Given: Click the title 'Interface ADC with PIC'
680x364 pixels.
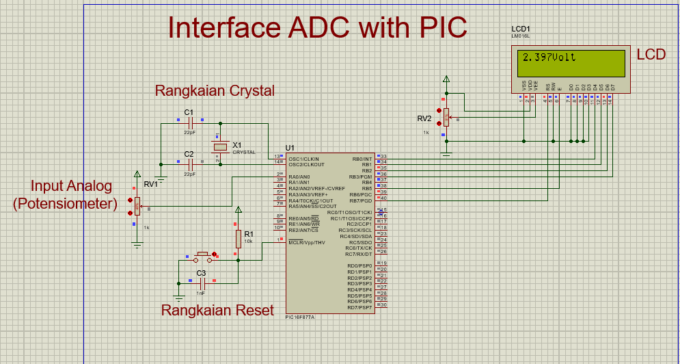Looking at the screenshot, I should (x=317, y=27).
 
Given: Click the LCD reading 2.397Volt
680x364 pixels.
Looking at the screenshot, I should (x=548, y=57).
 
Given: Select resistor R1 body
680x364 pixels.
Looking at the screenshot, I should (x=238, y=239).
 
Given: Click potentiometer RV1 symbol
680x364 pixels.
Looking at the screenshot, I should (x=137, y=205).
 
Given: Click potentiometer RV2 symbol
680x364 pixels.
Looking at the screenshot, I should (x=446, y=118).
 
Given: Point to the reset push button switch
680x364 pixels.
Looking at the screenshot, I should (x=202, y=258).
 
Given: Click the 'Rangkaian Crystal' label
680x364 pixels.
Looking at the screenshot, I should (x=215, y=90).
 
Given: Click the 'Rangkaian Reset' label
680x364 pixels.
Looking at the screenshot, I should (x=217, y=310).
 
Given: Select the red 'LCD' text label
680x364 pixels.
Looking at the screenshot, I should (x=651, y=55).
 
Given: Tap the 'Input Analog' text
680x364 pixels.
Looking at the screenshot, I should (x=71, y=186).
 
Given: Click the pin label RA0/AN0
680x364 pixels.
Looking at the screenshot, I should (x=299, y=177).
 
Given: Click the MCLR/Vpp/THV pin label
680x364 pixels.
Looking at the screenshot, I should (x=306, y=242).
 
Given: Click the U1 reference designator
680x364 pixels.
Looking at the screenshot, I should (x=290, y=148).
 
